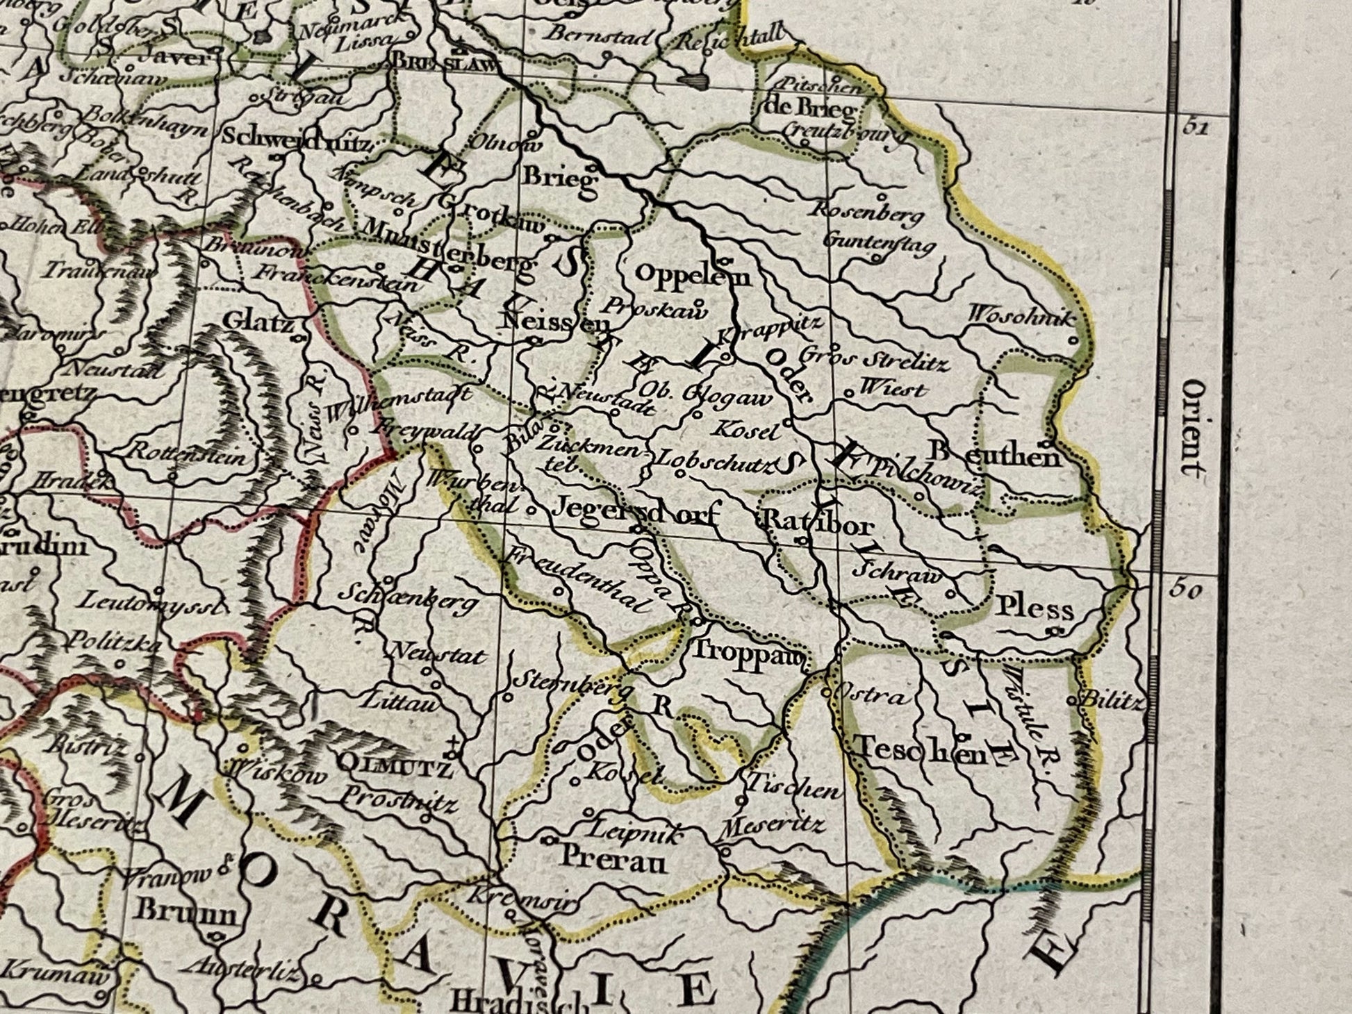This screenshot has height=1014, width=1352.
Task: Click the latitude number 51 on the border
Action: point(1194,128)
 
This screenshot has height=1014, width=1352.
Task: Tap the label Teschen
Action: point(921,750)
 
